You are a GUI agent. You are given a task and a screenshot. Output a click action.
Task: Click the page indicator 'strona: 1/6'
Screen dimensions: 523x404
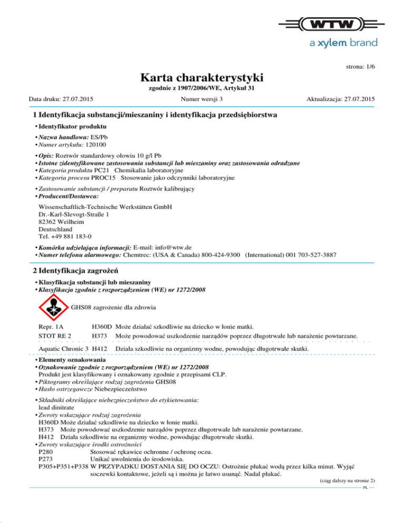coord(359,67)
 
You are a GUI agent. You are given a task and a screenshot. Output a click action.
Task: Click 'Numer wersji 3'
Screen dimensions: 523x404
coord(201,99)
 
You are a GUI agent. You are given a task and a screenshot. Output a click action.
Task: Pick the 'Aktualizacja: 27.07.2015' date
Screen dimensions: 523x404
coord(341,99)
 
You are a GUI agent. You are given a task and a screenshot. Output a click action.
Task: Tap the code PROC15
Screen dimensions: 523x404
coord(100,178)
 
